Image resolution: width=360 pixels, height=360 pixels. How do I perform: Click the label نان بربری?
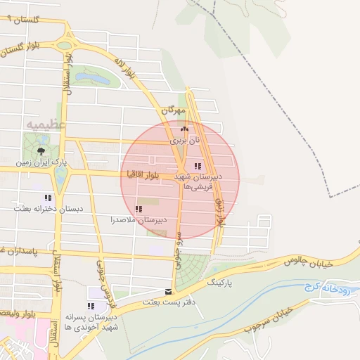pos(185,141)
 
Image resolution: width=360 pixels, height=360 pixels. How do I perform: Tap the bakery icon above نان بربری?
pos(185,129)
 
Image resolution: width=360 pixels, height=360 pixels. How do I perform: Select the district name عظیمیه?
pos(46,124)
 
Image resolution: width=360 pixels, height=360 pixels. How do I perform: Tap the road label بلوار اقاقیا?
pos(143,173)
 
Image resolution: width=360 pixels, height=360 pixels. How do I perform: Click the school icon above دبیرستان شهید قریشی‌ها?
pos(198,166)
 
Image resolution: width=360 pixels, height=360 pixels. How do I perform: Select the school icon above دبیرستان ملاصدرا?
pos(138,209)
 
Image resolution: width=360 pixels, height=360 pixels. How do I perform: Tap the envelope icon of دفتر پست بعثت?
pos(168,291)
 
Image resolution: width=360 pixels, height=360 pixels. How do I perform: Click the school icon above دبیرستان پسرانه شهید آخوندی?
pos(90,306)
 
